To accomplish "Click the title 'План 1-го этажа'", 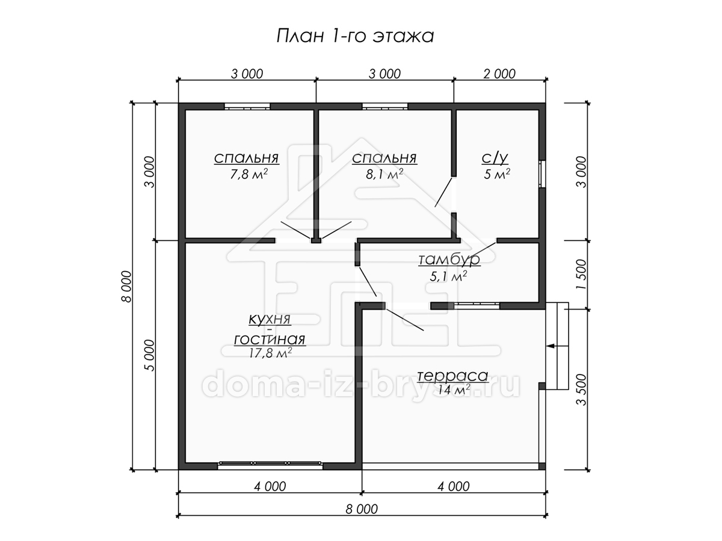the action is click(355, 36).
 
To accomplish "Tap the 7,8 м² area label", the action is click(248, 174).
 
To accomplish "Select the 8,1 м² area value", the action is click(384, 174).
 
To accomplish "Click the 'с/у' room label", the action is click(495, 158).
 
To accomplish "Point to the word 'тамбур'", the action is click(449, 260).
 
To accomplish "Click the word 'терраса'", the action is click(452, 376).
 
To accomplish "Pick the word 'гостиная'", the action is click(270, 339).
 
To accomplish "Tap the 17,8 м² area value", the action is click(270, 353).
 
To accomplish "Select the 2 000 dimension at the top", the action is click(499, 74).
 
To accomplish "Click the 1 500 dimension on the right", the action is click(582, 274).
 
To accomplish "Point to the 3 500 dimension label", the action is click(582, 390).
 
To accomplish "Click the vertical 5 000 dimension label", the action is click(149, 355).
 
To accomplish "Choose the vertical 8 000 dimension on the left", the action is click(126, 287).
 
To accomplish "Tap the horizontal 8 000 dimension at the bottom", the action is click(362, 510).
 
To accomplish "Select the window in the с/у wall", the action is click(542, 174).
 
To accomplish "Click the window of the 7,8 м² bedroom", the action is click(247, 106).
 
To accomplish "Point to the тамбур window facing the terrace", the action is click(477, 305).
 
